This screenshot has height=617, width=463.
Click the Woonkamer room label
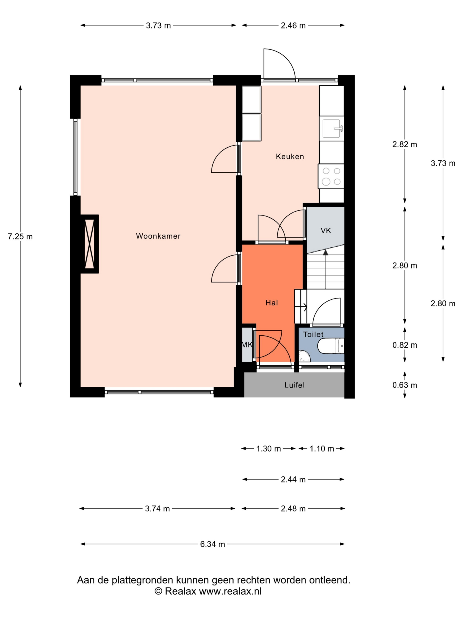click(x=158, y=236)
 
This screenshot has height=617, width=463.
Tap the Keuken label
click(x=290, y=156)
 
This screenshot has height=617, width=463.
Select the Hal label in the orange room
click(x=271, y=303)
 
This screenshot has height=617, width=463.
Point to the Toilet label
click(x=313, y=334)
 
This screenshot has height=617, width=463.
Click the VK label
click(x=326, y=231)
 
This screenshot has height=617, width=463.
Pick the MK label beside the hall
click(x=247, y=345)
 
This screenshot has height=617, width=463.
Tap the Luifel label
click(x=294, y=385)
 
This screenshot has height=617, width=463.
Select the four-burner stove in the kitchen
click(x=331, y=176)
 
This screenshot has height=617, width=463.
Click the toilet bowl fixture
click(x=331, y=346)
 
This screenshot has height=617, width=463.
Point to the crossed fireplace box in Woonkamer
click(x=89, y=244)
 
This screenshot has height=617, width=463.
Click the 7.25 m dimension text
click(x=20, y=237)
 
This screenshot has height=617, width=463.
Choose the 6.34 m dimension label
click(x=212, y=544)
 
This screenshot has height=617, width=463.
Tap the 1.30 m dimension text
click(x=269, y=449)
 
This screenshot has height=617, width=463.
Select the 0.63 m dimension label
click(x=405, y=385)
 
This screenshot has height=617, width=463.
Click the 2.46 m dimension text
click(x=293, y=25)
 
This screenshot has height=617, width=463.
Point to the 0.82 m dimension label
click(x=405, y=345)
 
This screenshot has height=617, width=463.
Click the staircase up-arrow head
click(x=326, y=253)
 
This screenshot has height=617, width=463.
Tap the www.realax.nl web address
click(x=230, y=591)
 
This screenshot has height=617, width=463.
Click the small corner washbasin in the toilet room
click(x=304, y=356)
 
